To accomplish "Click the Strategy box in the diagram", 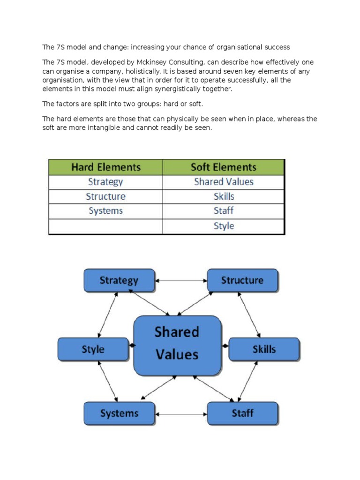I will click(119, 280).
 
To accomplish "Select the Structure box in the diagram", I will click(242, 280).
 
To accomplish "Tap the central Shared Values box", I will click(177, 344).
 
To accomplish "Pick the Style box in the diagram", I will click(93, 349).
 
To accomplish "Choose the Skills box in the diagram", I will click(264, 349).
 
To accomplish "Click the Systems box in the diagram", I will click(119, 413).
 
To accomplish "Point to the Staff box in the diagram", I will click(242, 413).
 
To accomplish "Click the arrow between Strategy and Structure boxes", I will click(181, 281).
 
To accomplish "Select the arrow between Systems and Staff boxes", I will click(181, 414).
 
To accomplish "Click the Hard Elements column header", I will click(106, 167).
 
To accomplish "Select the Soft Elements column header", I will click(224, 167).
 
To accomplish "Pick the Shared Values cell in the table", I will click(224, 182).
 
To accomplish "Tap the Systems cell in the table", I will click(106, 211).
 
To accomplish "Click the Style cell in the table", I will click(224, 226).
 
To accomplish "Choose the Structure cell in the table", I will click(106, 196).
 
